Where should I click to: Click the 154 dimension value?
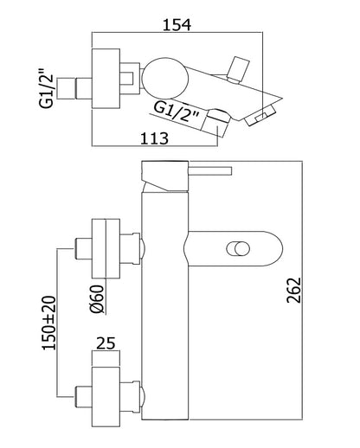[177, 25]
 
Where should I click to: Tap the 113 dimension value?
[154, 138]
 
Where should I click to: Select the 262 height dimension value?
[293, 291]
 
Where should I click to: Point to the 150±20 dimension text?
[49, 323]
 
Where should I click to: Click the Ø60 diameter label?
[97, 299]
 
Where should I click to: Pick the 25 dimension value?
[106, 343]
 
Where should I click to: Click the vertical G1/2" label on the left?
[47, 87]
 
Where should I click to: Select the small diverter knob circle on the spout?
[238, 249]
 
